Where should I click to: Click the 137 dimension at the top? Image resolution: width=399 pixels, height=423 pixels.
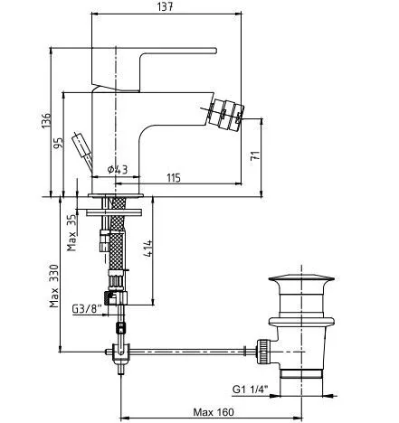166,6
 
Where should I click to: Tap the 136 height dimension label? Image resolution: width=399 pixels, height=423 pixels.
46,120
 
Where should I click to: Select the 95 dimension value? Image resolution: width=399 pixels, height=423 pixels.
58,143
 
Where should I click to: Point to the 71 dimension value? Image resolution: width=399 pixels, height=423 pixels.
255,155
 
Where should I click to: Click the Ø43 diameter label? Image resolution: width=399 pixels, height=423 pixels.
118,170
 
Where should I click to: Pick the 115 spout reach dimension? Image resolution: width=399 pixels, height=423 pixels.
174,178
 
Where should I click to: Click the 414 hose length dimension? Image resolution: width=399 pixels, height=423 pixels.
147,249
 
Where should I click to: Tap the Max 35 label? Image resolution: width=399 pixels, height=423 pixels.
71,233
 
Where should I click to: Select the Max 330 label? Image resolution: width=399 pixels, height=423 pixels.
54,286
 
